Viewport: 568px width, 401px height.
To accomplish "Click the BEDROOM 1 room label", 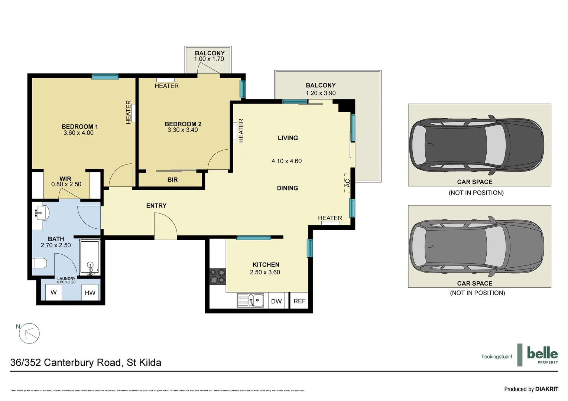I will coord(79,127).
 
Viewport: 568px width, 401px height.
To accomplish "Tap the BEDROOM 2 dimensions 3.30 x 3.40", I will coord(183,130).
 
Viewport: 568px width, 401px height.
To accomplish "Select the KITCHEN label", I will coord(266,265).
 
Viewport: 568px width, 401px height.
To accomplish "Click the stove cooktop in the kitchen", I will coord(218,276).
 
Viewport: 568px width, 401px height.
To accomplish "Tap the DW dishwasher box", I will coord(276,301).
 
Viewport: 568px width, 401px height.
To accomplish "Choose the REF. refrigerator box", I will coord(300,301).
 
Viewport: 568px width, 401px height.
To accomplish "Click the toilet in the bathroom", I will coord(39,263).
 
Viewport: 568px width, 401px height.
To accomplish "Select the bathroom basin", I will coord(40,213).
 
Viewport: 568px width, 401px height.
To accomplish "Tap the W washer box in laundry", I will coord(53,293).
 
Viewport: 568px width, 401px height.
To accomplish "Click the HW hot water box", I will coord(90,293).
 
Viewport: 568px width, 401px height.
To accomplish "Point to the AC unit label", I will coord(348,183).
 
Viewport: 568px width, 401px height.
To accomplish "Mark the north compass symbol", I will coord(29,333).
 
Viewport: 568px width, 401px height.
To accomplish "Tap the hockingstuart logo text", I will coord(497,356).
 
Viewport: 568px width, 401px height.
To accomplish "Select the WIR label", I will coord(65,179).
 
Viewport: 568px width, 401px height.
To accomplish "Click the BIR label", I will coord(172,180).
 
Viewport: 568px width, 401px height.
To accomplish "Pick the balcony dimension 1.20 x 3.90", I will coord(321,93).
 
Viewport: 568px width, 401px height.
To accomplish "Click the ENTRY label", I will coord(156,206).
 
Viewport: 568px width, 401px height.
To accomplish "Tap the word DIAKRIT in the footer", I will coord(546,389).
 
